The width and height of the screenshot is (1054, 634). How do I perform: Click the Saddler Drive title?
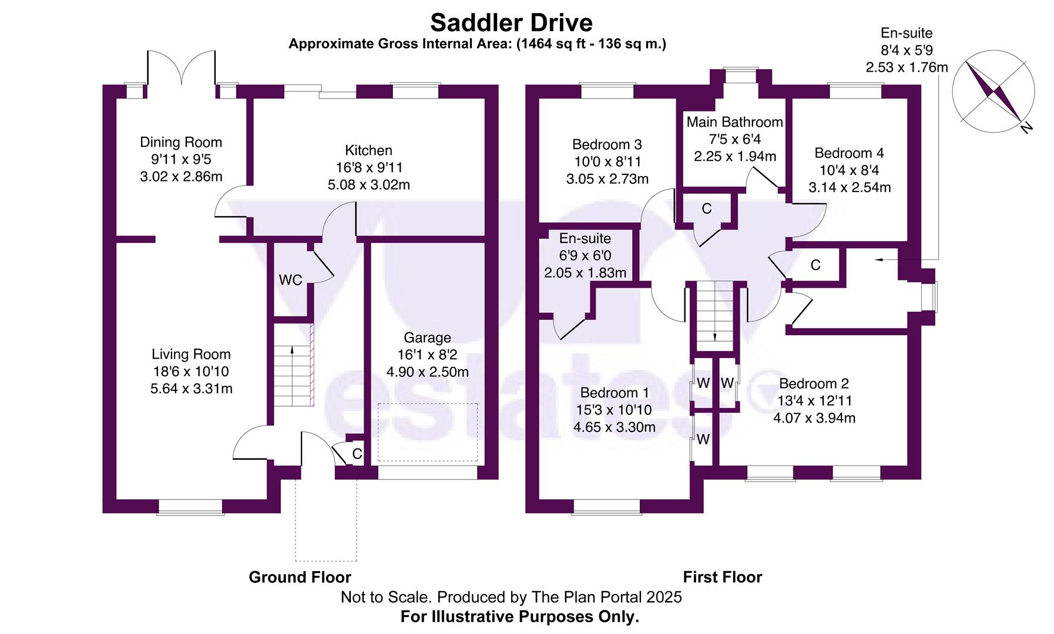pyautogui.click(x=511, y=23)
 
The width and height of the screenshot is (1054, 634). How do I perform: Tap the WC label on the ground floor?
pyautogui.click(x=290, y=280)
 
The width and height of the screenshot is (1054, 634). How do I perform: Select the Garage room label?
pyautogui.click(x=427, y=338)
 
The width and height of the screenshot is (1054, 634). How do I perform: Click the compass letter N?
pyautogui.click(x=1026, y=127)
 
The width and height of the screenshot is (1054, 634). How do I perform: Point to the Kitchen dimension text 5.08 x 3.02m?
pyautogui.click(x=368, y=185)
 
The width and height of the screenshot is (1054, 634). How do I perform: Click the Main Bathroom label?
pyautogui.click(x=734, y=122)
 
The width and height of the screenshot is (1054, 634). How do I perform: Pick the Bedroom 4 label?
pyautogui.click(x=849, y=153)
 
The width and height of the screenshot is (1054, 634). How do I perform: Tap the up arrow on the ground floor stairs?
pyautogui.click(x=292, y=350)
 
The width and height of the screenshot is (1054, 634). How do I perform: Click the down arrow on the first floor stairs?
pyautogui.click(x=714, y=336)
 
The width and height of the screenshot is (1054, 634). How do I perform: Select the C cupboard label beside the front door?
pyautogui.click(x=357, y=454)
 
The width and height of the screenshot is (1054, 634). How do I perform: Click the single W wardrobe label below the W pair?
pyautogui.click(x=703, y=439)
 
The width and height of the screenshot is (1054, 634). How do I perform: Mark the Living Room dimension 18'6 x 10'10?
pyautogui.click(x=191, y=372)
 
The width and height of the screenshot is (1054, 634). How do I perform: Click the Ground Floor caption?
pyautogui.click(x=300, y=577)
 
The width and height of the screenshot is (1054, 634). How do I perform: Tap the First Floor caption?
pyautogui.click(x=722, y=577)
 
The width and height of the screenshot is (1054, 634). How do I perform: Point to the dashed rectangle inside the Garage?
pyautogui.click(x=427, y=433)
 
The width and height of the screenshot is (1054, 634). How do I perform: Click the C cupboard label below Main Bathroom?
pyautogui.click(x=707, y=209)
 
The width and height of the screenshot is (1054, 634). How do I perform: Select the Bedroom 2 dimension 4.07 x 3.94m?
pyautogui.click(x=814, y=418)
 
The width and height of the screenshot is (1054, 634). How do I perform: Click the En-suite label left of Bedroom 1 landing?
pyautogui.click(x=585, y=238)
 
